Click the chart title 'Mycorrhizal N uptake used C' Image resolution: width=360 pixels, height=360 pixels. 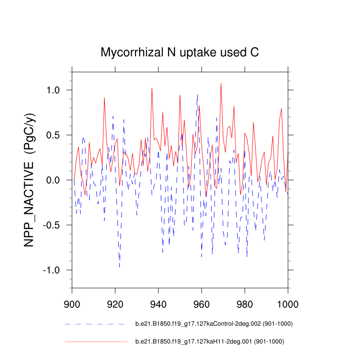coord(180,53)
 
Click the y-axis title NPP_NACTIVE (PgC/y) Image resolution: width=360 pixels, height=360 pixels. coord(30,180)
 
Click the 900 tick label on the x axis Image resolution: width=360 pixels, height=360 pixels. coord(72,302)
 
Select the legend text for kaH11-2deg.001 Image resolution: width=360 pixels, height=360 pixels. coord(210,342)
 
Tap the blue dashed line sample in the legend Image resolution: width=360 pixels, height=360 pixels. coord(94,324)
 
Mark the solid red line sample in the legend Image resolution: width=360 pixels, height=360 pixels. coord(96,342)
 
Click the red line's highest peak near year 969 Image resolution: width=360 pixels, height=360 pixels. coord(221,83)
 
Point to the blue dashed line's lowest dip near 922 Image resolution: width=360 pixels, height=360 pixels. coord(119,267)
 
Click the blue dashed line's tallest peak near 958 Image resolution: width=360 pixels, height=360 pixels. coord(197,94)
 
